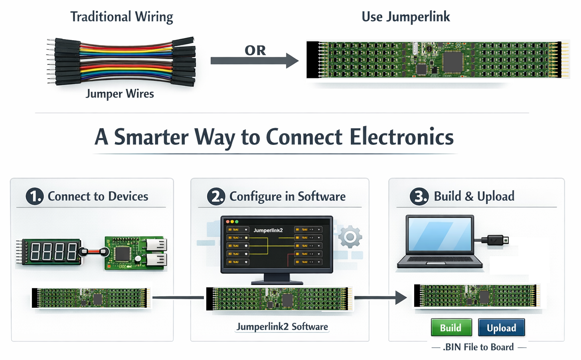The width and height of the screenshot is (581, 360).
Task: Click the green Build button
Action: click(451, 328)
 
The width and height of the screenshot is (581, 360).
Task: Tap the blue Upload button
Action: click(501, 328)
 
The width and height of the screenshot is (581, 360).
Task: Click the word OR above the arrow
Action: click(255, 51)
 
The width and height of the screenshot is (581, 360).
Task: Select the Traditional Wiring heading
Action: click(122, 17)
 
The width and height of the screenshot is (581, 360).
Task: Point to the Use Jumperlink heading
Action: click(405, 17)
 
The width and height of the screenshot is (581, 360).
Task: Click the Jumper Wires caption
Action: click(120, 94)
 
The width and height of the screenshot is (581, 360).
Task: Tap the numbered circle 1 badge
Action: click(35, 196)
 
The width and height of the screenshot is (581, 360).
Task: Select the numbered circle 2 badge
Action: click(216, 196)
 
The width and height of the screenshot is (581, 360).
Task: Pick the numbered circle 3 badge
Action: click(419, 196)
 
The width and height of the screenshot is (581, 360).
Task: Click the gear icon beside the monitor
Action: click(350, 237)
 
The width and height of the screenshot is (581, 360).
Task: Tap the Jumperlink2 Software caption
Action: click(282, 327)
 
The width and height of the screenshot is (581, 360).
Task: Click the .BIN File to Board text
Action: click(478, 347)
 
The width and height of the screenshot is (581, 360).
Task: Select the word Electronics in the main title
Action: click(401, 137)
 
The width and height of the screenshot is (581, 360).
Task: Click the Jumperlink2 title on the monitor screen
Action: click(268, 230)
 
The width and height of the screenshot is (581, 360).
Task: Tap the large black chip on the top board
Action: click(453, 61)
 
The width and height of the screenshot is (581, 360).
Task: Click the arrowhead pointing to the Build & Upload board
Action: click(401, 297)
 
